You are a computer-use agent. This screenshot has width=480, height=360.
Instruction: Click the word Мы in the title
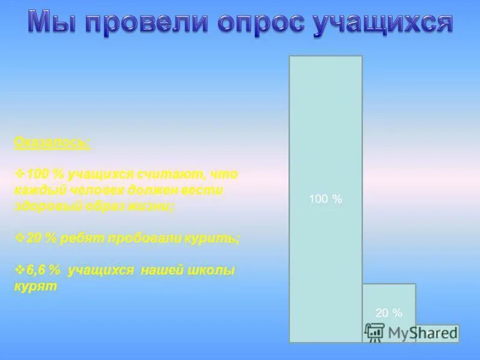[54, 23]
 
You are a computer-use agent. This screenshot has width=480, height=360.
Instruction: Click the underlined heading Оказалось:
[53, 143]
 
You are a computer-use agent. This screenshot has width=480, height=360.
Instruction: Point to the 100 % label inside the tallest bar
[325, 199]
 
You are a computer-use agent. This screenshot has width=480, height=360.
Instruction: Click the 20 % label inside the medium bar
[388, 313]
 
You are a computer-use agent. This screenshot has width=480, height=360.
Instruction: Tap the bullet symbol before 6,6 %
[19, 270]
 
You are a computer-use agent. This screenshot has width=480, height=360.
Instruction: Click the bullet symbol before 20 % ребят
[19, 238]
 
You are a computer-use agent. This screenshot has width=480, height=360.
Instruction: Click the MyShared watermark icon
[374, 332]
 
